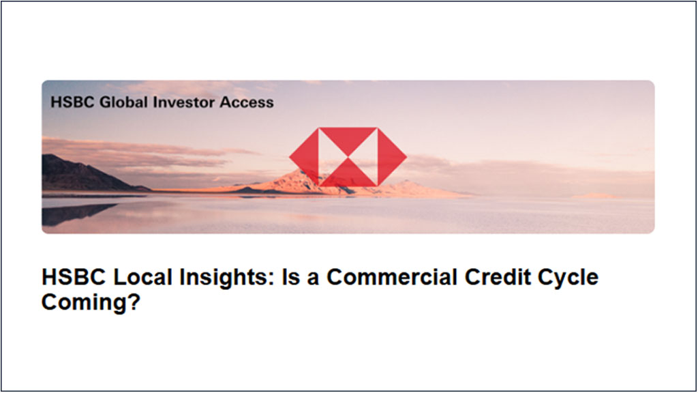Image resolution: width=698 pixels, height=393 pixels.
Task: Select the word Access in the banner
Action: [247, 102]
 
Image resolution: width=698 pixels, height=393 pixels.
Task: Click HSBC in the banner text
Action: [72, 102]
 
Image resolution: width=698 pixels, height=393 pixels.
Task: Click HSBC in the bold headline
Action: [74, 277]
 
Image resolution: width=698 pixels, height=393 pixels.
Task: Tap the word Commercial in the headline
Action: [392, 277]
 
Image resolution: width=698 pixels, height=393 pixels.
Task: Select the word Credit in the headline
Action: [498, 277]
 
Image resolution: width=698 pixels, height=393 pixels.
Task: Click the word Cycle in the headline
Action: [568, 279]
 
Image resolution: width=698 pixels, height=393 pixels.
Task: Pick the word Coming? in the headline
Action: [91, 303]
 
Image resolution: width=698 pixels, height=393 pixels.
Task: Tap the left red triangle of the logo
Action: [304, 157]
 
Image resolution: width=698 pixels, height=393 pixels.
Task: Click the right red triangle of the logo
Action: [392, 157]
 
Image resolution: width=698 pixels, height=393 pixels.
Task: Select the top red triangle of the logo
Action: [348, 139]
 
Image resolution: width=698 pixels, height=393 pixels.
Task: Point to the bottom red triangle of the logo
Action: [348, 175]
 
